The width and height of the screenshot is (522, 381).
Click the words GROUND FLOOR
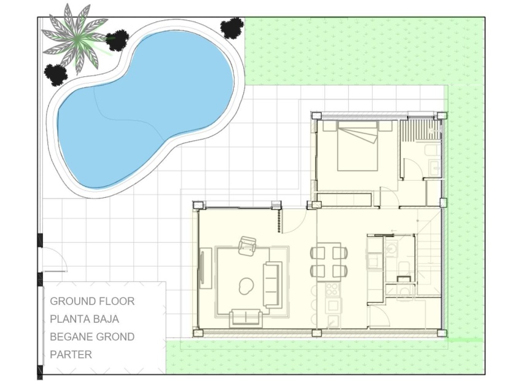(x=92, y=301)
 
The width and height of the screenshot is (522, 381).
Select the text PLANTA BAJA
(x=84, y=319)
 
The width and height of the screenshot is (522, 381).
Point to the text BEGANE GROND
(x=92, y=337)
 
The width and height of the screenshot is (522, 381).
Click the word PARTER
(x=71, y=355)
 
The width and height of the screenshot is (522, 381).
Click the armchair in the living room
(x=248, y=246)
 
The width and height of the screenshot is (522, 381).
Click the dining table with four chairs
(x=329, y=261)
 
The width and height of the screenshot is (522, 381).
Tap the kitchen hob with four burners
(x=333, y=289)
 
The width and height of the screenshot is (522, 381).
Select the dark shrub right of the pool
(x=232, y=27)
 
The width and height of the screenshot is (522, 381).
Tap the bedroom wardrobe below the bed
(x=345, y=200)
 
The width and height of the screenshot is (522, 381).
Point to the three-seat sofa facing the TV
(x=272, y=284)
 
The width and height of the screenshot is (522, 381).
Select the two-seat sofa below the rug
(x=246, y=318)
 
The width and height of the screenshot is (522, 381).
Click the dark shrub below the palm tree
(x=56, y=75)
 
